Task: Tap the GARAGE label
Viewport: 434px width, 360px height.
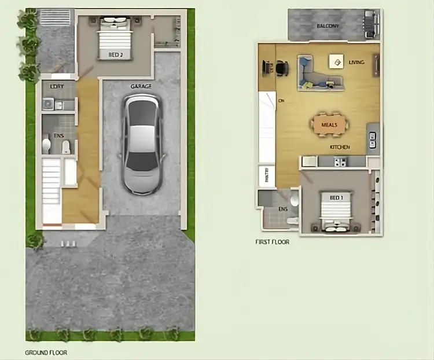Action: (141, 86)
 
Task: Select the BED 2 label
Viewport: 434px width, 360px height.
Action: (115, 55)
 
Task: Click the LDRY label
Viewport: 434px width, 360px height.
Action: (57, 87)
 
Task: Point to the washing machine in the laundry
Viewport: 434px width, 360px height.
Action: (48, 104)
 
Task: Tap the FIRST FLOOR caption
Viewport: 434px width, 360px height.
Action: (272, 242)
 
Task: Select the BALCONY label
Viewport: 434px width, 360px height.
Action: (328, 26)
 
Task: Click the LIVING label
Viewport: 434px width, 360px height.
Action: (356, 62)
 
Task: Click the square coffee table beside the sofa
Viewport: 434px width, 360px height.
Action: (335, 61)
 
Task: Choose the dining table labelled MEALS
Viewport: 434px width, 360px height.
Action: (329, 124)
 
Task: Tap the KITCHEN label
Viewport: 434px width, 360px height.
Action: (340, 147)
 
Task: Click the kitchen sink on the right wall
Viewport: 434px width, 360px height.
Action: (372, 139)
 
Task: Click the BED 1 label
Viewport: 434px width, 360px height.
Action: (336, 198)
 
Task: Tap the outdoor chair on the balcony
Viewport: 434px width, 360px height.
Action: (370, 24)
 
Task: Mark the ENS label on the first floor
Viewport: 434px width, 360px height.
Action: (282, 209)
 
